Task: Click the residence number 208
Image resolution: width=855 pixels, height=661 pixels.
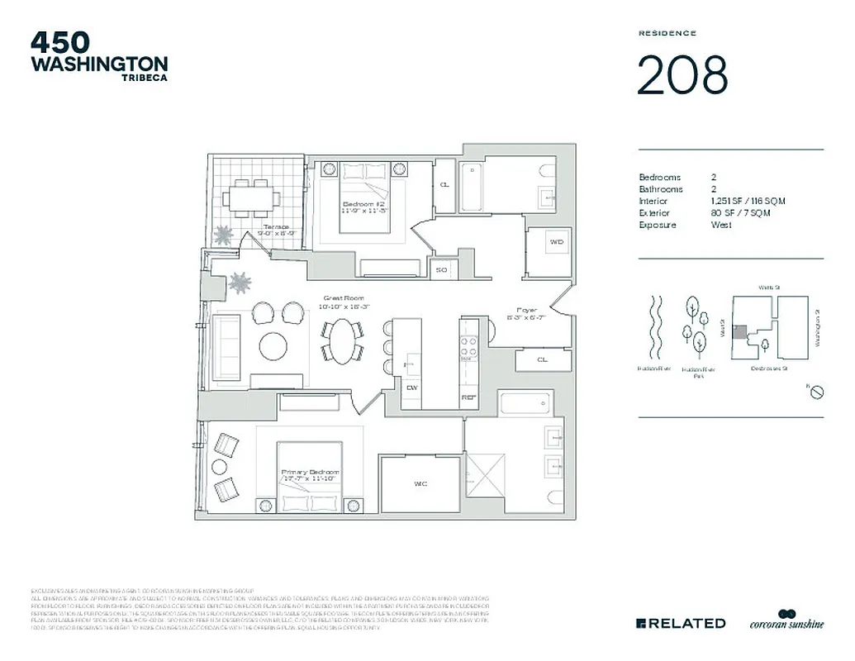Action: pyautogui.click(x=682, y=75)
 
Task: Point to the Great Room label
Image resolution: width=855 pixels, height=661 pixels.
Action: pyautogui.click(x=344, y=298)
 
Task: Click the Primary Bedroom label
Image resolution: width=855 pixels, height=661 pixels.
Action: pyautogui.click(x=310, y=472)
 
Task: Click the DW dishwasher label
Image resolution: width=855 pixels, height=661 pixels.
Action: pyautogui.click(x=411, y=386)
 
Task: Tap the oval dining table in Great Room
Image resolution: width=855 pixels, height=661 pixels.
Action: pyautogui.click(x=342, y=340)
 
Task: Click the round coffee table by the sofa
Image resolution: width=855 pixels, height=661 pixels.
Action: pyautogui.click(x=273, y=345)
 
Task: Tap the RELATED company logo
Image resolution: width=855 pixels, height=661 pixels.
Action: pyautogui.click(x=681, y=623)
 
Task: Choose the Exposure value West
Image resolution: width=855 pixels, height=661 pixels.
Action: pyautogui.click(x=721, y=225)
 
